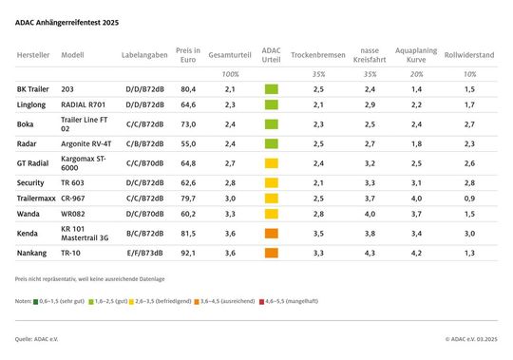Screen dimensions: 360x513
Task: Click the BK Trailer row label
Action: (x=35, y=88)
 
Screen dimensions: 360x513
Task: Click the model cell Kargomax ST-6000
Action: (x=83, y=163)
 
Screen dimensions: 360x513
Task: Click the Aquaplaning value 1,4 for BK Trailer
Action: (x=415, y=88)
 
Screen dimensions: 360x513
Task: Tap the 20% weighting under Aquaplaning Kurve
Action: (x=415, y=73)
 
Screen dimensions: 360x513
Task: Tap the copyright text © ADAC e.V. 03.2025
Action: (x=469, y=337)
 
